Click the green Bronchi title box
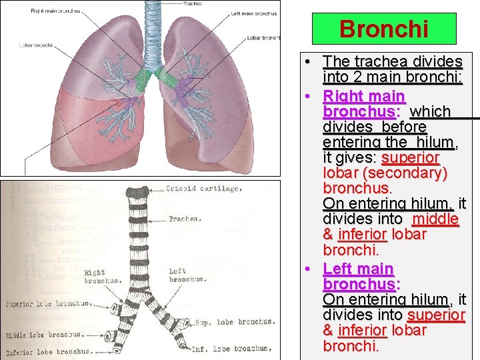[383, 29]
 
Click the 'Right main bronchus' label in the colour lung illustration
[55, 11]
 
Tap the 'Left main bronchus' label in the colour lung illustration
[253, 13]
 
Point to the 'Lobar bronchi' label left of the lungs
[35, 46]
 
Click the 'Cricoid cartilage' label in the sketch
[204, 189]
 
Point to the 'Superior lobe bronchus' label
[48, 304]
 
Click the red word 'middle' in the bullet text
[435, 219]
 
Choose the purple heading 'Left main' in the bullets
[358, 269]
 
